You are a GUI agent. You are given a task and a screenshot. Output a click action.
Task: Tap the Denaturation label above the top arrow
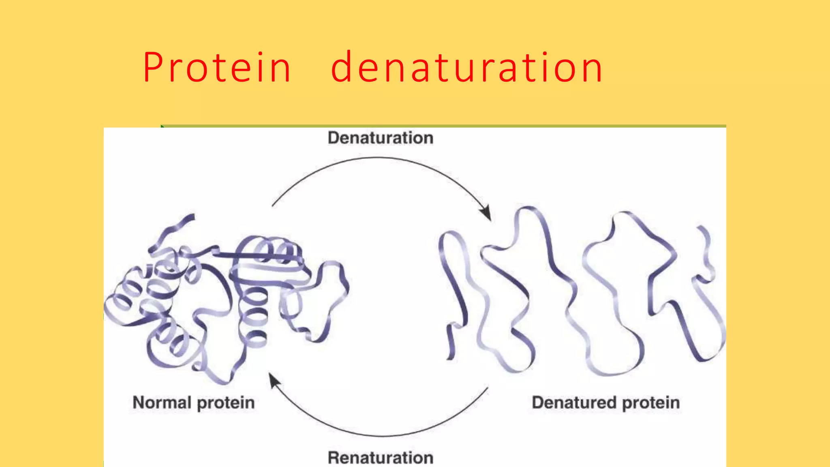coord(381,138)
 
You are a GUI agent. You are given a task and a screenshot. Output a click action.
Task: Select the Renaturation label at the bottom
coord(381,457)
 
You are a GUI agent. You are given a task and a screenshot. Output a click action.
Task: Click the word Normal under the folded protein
coord(162,403)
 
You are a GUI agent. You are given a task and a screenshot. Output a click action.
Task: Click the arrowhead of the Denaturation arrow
coord(486,213)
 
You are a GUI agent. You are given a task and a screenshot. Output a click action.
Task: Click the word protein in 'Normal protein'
coord(226,403)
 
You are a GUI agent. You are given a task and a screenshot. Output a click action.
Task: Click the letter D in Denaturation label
coord(333,138)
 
